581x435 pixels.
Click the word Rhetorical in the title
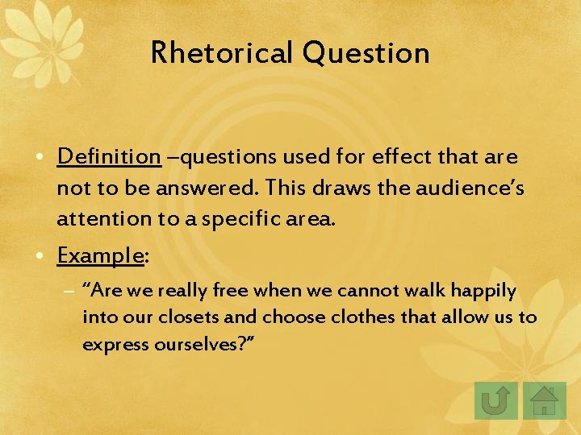coord(222,53)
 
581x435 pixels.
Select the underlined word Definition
coord(109,156)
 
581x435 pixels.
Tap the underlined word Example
coord(99,255)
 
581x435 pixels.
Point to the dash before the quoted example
coord(70,291)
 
